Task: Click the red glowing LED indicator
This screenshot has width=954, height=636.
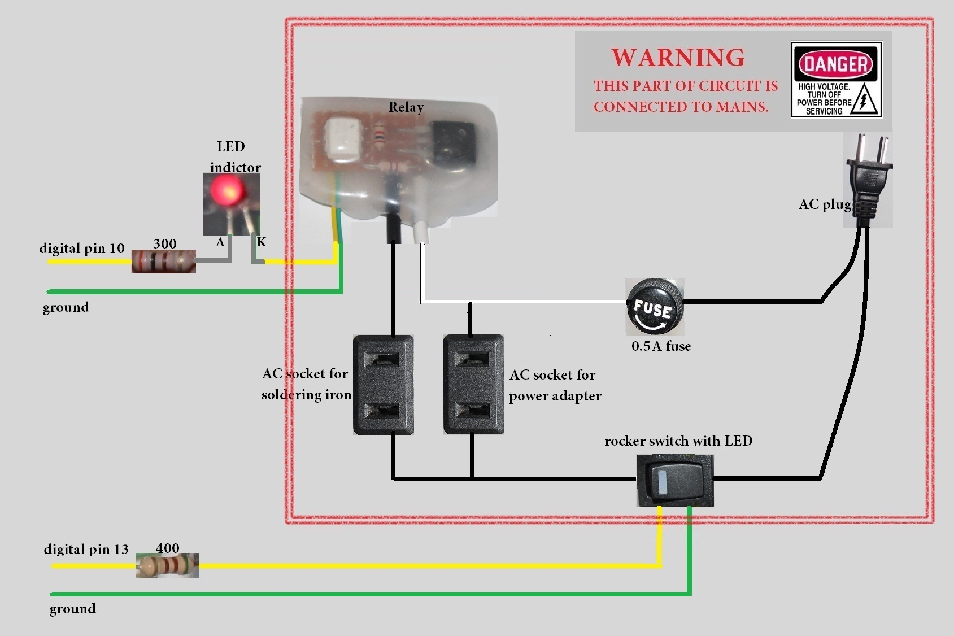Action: coord(226,190)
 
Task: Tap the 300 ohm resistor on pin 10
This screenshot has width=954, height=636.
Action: coord(164,262)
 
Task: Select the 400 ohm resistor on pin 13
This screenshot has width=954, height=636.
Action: coord(167,565)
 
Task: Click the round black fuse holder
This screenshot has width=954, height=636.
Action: coord(655,308)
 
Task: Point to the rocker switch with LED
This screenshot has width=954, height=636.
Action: coord(675,481)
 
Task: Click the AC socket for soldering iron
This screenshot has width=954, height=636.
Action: coord(384,385)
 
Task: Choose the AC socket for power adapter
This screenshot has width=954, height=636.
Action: coord(473,385)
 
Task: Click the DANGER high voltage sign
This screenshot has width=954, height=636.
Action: coord(836,80)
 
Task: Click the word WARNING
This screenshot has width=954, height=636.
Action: coord(678,58)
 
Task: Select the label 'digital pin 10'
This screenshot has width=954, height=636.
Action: coord(82,249)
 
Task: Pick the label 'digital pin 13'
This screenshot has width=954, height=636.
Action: coord(86,549)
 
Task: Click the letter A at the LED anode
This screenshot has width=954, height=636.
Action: coord(220,242)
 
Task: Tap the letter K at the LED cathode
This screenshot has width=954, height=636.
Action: coord(262,242)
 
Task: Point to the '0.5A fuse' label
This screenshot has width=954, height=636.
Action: coord(661,346)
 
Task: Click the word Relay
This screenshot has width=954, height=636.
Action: coord(406,107)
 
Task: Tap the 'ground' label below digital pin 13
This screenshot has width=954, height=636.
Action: coord(73,608)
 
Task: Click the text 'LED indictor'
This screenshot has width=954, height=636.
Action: coord(234,157)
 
